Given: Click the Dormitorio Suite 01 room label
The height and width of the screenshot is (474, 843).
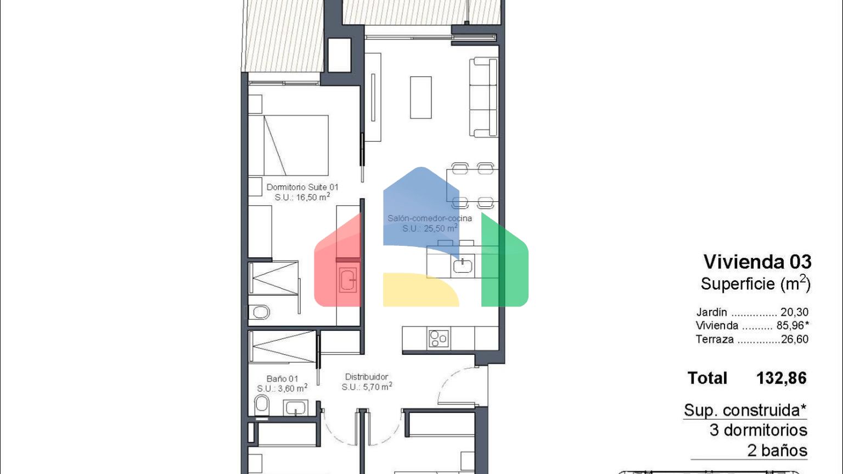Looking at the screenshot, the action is tap(302, 187).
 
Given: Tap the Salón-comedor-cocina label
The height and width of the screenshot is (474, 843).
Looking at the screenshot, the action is tap(429, 218).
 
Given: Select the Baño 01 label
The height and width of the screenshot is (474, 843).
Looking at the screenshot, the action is tap(282, 379).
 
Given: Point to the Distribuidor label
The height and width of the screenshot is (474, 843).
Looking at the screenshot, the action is tap(367, 376).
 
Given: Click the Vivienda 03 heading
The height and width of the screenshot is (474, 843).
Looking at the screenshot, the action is tap(757, 262).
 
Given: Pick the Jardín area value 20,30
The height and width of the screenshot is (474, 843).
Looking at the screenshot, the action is tap(794, 312).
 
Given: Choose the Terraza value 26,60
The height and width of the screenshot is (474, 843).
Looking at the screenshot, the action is tap(795, 340).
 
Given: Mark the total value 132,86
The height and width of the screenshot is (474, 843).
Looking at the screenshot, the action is tap(782, 378).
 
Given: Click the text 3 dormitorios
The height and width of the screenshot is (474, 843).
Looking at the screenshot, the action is tap(758, 430).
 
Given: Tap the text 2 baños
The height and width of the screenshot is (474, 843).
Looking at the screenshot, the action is tap(777, 450).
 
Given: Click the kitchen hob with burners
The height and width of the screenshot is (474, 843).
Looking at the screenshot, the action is tap(439, 338).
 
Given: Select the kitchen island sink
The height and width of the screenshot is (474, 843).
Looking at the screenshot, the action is tap(463, 266).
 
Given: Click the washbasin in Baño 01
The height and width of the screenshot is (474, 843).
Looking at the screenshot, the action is tap(295, 408).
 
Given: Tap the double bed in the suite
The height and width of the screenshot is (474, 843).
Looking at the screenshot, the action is tap(288, 145).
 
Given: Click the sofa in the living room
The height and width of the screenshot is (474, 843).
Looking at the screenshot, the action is tap(484, 97).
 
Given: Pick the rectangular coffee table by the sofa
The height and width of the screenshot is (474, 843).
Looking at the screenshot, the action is tap(421, 98).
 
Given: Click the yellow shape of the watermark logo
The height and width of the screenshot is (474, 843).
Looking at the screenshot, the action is tap(421, 290).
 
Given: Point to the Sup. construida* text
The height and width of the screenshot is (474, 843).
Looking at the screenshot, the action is tap(745, 410).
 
